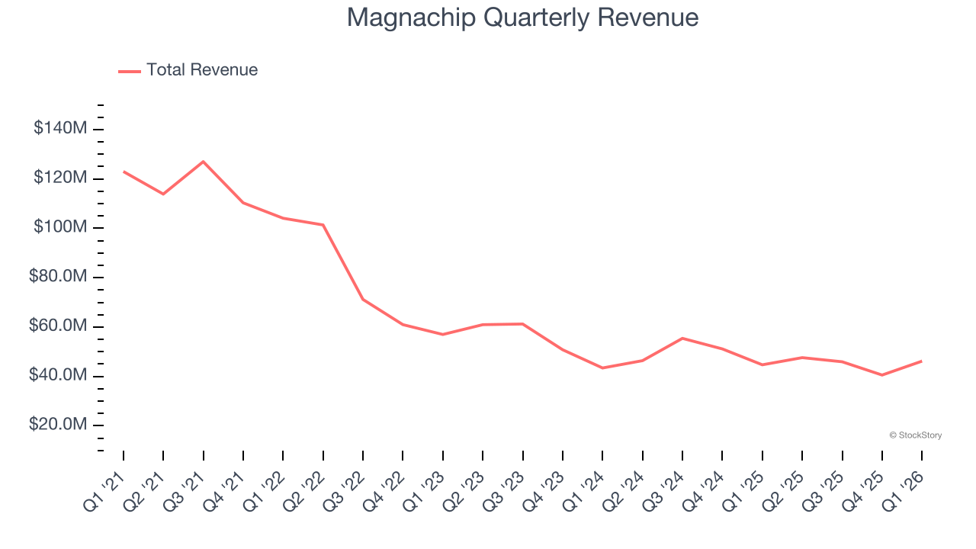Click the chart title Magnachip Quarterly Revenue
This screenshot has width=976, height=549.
[x=522, y=17]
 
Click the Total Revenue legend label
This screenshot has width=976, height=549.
[x=202, y=70]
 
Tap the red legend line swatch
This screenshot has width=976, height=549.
[x=130, y=71]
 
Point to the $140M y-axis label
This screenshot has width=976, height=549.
[x=60, y=128]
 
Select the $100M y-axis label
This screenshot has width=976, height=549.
[x=60, y=227]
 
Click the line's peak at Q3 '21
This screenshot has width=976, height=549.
[x=204, y=162]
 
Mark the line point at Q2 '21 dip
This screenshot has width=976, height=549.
[x=163, y=194]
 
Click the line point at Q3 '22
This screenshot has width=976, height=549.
[x=363, y=299]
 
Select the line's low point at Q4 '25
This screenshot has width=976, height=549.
[x=882, y=375]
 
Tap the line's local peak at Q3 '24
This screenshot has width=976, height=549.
[x=682, y=338]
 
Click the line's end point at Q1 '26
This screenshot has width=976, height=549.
[x=922, y=361]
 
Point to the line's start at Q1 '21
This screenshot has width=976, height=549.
[x=124, y=172]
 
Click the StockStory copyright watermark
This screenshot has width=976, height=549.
[x=915, y=435]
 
